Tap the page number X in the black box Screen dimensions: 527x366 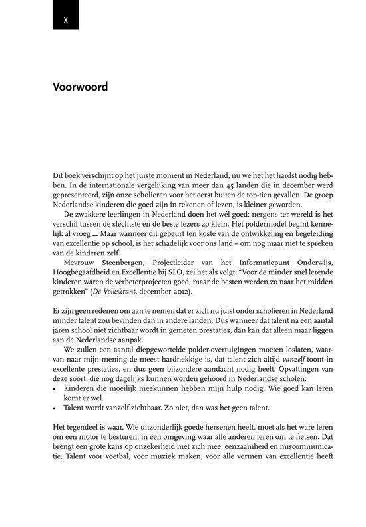65,19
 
